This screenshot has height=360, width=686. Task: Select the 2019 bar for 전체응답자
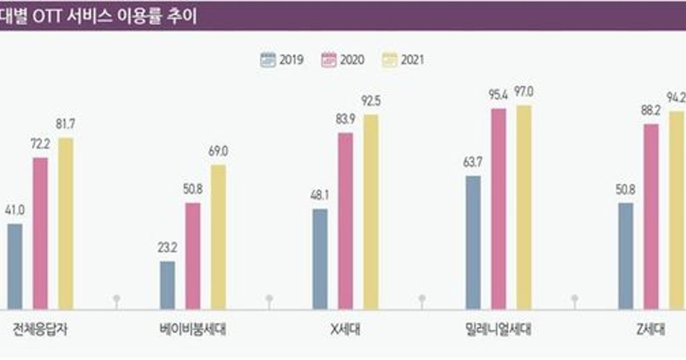click(15, 266)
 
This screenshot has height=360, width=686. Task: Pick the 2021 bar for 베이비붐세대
click(218, 237)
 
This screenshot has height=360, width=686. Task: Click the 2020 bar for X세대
click(345, 221)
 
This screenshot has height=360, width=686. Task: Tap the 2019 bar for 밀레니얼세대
click(473, 243)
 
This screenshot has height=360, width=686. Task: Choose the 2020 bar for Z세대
click(651, 217)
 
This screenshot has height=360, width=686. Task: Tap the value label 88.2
click(651, 111)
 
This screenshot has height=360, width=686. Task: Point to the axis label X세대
click(345, 330)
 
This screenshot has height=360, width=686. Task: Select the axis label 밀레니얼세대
click(498, 330)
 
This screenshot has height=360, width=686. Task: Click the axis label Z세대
click(651, 330)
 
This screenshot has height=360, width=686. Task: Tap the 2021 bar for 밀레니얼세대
click(524, 207)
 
